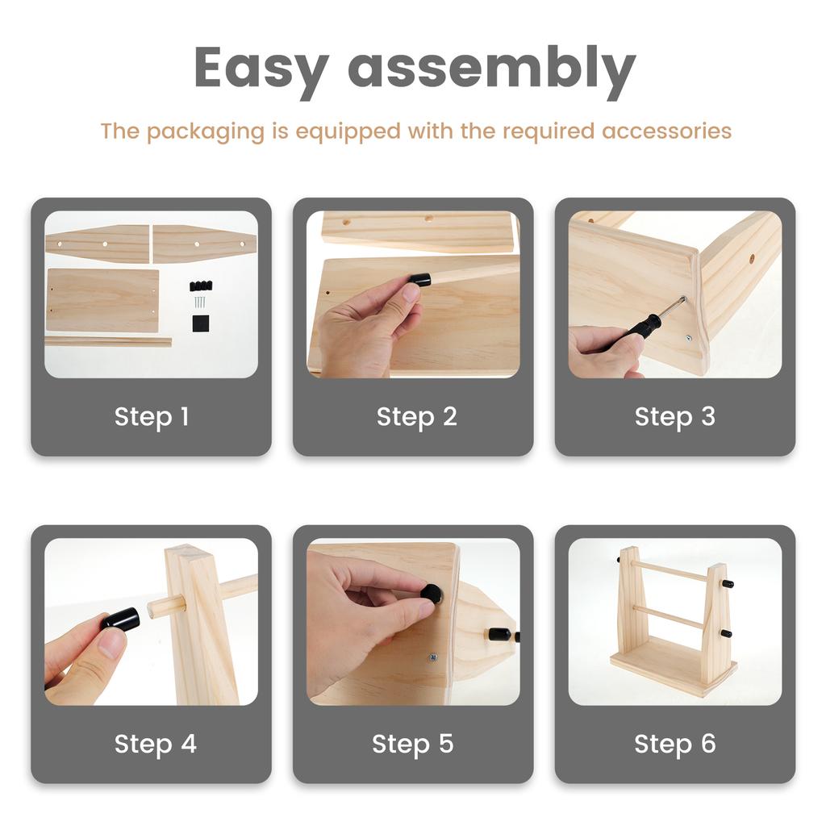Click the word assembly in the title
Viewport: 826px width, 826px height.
[492, 69]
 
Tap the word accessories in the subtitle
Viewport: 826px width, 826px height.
[666, 131]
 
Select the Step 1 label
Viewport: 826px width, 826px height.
[152, 417]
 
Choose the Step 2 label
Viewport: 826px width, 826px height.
[417, 417]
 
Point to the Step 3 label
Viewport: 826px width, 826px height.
[675, 417]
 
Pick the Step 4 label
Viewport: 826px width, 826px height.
[156, 744]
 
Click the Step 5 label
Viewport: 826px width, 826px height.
[412, 744]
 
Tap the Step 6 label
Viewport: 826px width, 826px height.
[675, 744]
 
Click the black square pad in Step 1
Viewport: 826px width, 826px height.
[201, 323]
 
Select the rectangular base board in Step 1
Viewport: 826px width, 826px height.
[102, 300]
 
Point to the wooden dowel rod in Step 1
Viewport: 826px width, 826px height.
[109, 342]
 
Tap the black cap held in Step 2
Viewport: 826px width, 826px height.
[421, 279]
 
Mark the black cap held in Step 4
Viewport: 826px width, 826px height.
[122, 618]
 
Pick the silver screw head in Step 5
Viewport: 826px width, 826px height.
[433, 657]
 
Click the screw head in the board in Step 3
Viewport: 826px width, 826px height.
[689, 338]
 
